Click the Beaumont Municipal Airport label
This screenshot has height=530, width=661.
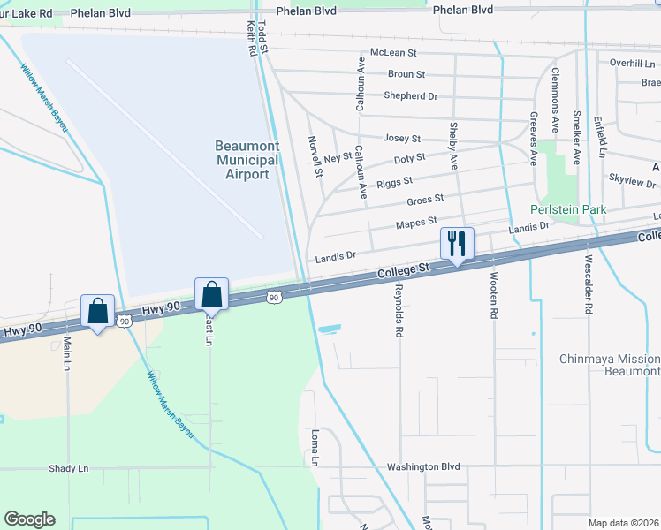click(247, 160)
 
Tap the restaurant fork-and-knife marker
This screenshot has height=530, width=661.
click(457, 243)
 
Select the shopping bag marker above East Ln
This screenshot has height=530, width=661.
click(212, 293)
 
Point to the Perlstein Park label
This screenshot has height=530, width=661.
click(568, 209)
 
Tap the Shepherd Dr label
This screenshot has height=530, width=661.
click(410, 95)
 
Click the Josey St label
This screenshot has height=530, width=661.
click(401, 139)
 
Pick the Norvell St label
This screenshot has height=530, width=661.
click(316, 155)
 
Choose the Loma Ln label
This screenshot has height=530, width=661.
click(315, 449)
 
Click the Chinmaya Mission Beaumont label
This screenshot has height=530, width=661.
click(610, 366)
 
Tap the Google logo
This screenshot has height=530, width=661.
click(29, 519)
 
